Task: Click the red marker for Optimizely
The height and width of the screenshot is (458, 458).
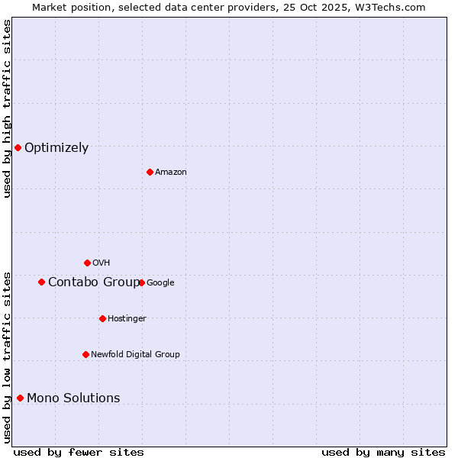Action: tap(18, 147)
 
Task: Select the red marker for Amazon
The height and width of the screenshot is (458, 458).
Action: tap(150, 172)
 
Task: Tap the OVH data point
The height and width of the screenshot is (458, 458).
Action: tap(87, 263)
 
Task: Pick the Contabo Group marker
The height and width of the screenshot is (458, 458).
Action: tap(41, 282)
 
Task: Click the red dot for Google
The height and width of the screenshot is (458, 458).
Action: tap(141, 282)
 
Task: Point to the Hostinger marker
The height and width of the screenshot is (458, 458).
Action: tap(102, 318)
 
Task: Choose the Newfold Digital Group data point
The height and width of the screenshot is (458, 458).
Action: tap(85, 354)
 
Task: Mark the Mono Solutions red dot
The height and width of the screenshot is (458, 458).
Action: tap(20, 398)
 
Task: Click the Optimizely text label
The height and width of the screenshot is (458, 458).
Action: tap(56, 148)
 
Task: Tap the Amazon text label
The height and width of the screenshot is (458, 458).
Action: tap(171, 173)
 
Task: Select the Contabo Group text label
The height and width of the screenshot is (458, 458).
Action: tap(94, 282)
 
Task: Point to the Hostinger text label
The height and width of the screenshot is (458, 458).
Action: tap(127, 319)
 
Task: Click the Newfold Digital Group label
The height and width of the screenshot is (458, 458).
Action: tap(135, 355)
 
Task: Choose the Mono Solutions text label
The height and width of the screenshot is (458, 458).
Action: tap(73, 398)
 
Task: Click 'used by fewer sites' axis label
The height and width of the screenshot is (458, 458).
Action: tap(79, 452)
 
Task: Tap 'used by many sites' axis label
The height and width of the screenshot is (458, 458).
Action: tap(383, 452)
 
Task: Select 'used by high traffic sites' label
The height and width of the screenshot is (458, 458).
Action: tap(7, 108)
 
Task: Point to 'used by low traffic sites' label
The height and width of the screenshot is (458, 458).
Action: tap(7, 357)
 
